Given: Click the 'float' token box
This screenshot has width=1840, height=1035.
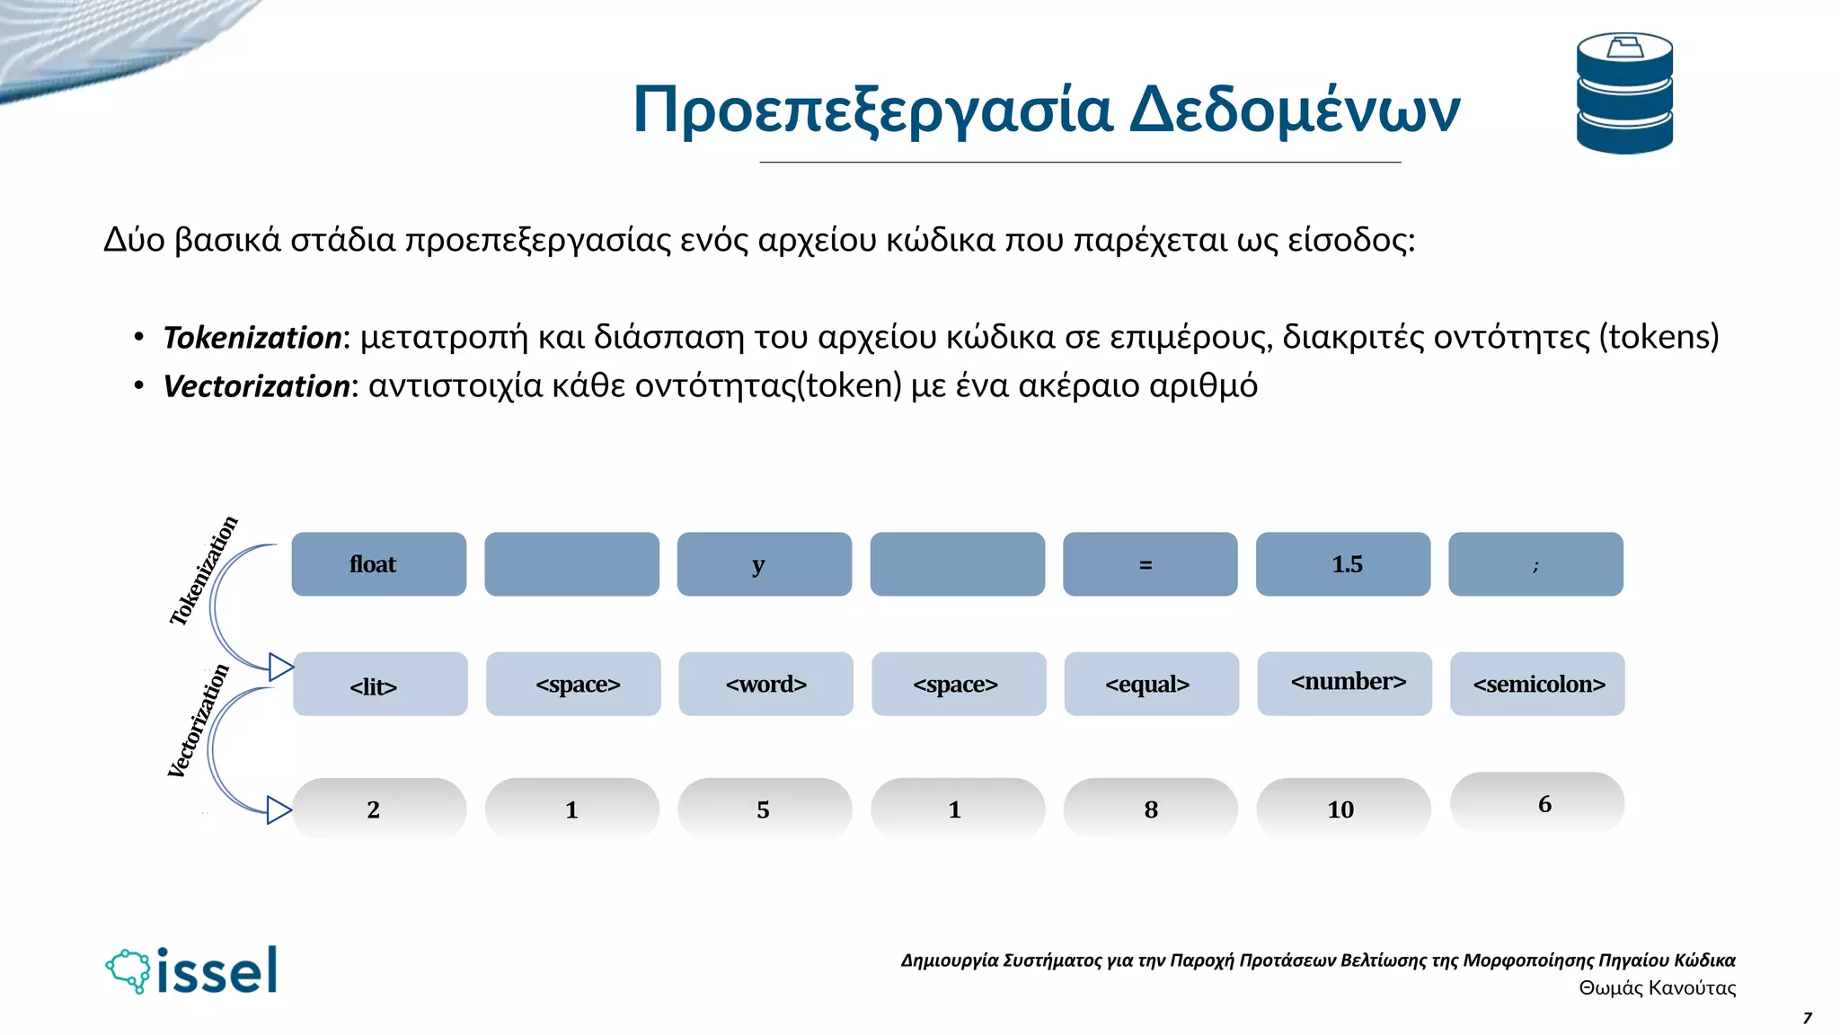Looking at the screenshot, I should [378, 564].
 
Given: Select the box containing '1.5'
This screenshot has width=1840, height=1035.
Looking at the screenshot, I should [1342, 564].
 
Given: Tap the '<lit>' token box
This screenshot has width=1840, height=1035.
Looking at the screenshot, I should [379, 685].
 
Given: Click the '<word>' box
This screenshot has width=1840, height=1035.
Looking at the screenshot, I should [765, 685].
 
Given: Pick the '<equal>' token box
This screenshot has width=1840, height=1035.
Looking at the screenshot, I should [1151, 685].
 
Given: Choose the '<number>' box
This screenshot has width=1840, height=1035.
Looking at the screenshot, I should [1344, 684].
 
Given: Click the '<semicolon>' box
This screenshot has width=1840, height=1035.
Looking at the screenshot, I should [1537, 685].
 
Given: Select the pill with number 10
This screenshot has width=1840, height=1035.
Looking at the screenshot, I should [1342, 809].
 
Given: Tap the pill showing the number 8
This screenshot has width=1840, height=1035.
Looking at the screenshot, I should [1150, 809].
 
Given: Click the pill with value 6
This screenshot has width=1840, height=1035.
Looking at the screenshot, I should [1537, 802].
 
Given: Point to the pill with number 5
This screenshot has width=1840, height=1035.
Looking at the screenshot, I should [764, 809].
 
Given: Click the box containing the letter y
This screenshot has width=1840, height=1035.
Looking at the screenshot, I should [764, 564].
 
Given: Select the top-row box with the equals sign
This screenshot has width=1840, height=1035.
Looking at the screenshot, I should [1150, 564].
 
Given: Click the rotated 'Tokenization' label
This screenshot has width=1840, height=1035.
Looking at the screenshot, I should [204, 571].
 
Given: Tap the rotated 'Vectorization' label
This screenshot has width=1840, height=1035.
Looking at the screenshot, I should [199, 721].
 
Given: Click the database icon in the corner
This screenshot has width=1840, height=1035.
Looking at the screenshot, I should [1624, 93].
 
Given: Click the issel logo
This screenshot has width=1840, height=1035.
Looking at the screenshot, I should [192, 971].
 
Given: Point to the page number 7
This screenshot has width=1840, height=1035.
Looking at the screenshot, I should [1807, 1018].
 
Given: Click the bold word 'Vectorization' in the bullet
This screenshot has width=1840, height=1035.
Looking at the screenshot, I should [256, 386].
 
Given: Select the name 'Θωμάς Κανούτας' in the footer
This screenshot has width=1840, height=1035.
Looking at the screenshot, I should [1657, 988].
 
